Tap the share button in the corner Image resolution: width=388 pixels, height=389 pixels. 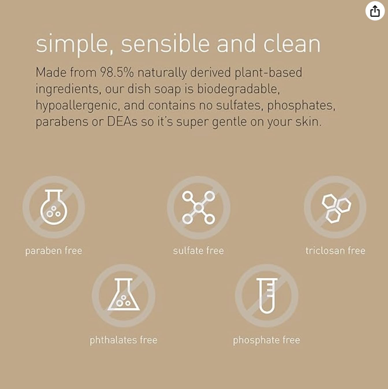click(375, 11)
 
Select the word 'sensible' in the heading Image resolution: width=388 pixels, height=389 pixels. click(165, 44)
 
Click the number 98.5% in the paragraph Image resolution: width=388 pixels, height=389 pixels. click(117, 72)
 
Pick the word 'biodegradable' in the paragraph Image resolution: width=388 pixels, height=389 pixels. click(238, 89)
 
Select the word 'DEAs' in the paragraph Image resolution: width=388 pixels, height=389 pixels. click(122, 122)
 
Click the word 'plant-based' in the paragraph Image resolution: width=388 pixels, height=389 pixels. click(268, 73)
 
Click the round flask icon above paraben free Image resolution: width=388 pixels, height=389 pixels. click(54, 207)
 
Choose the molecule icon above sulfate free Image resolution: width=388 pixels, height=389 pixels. click(199, 208)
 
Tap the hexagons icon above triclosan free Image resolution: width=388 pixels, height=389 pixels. click(335, 208)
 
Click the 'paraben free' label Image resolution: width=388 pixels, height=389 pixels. click(54, 251)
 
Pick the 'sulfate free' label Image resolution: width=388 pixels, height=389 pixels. click(199, 251)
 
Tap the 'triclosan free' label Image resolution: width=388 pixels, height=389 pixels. click(335, 251)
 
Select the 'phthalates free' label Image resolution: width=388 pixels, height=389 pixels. click(124, 340)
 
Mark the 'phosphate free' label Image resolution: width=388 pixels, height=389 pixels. click(266, 340)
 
